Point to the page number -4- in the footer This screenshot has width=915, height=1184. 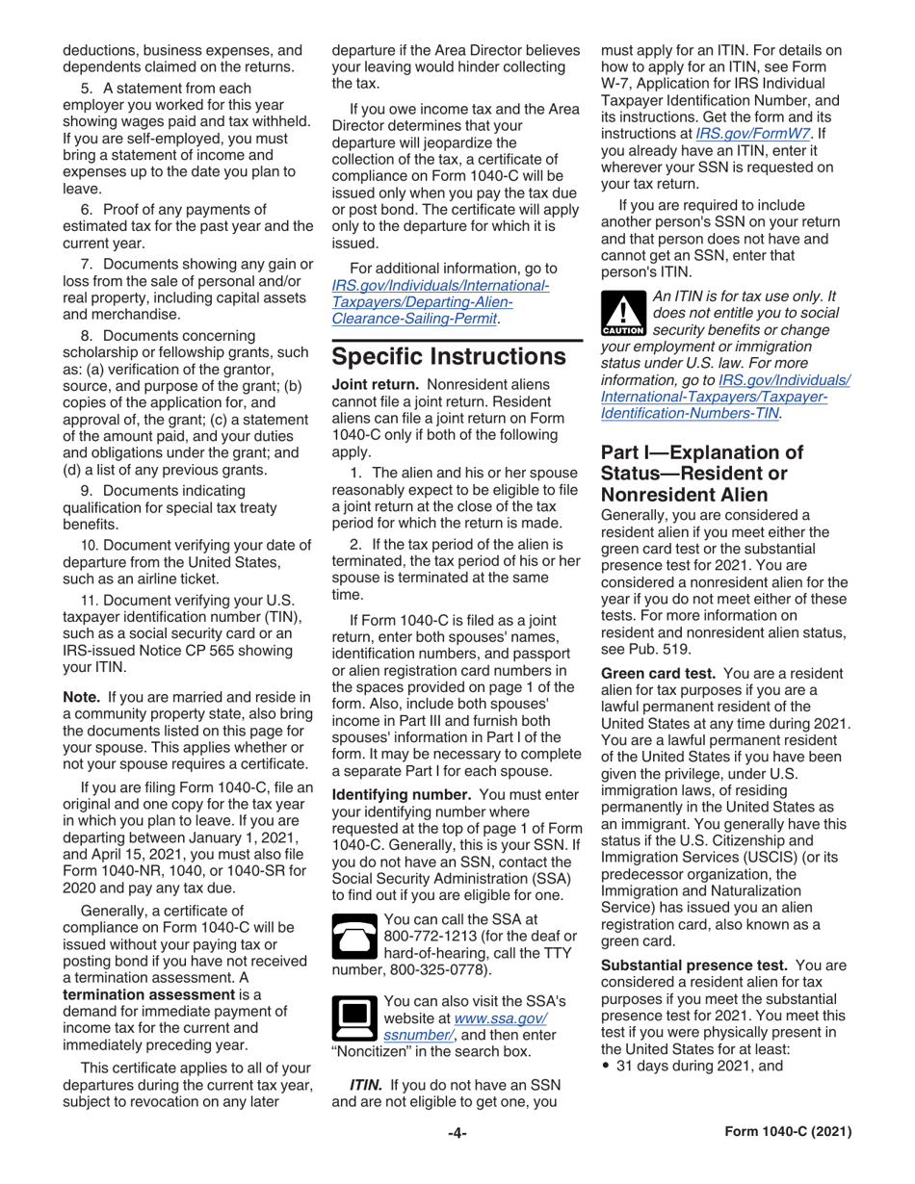[457, 1133]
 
